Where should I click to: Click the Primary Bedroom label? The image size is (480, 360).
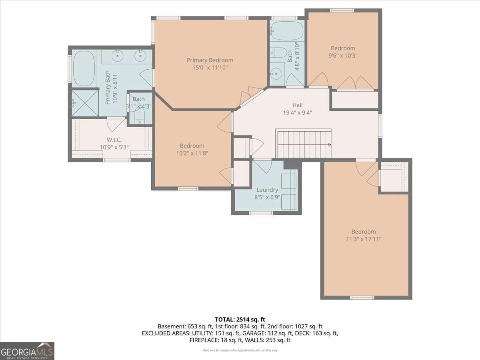[x=210, y=60]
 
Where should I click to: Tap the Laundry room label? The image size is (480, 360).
[x=267, y=190]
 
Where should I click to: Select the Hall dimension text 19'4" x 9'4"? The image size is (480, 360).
[x=297, y=112]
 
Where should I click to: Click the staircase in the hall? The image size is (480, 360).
[x=304, y=144]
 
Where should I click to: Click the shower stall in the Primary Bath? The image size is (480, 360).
[x=85, y=103]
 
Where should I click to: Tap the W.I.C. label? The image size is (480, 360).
[x=114, y=140]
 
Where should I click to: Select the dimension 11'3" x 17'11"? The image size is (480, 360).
[x=364, y=239]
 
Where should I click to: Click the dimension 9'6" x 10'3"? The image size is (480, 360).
[x=343, y=56]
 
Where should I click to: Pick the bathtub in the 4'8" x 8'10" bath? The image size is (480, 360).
[x=287, y=30]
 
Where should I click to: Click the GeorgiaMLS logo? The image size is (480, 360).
[x=27, y=351]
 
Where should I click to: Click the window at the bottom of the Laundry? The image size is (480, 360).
[x=261, y=213]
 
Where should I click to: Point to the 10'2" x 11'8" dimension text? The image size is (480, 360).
[x=192, y=153]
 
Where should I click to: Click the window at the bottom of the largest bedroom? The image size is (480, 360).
[x=362, y=297]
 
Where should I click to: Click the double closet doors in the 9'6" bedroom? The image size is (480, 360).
[x=354, y=83]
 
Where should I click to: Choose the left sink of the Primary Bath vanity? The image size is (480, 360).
[x=119, y=56]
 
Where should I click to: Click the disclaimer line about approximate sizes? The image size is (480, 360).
[x=240, y=350]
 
